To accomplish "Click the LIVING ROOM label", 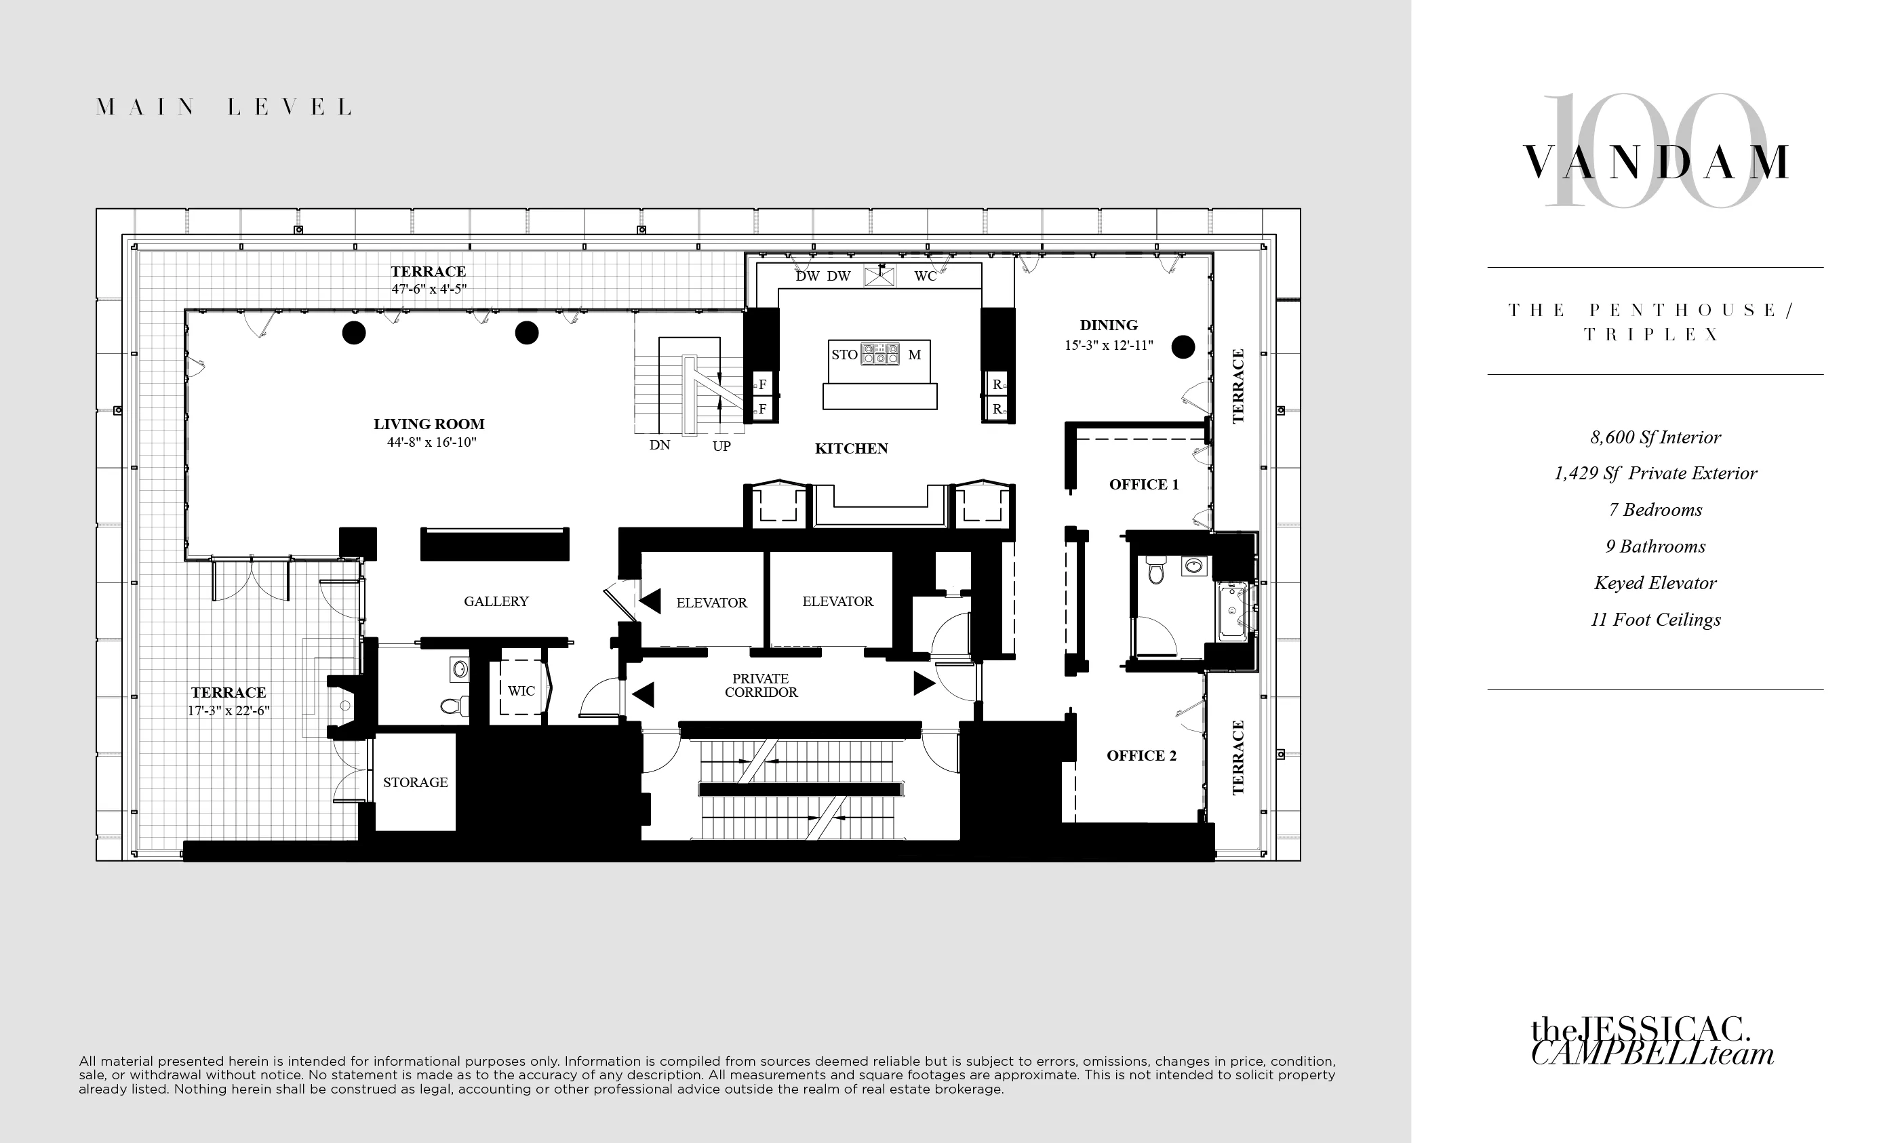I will [429, 424].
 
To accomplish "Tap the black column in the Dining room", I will [1183, 347].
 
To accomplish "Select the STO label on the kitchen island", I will [844, 355].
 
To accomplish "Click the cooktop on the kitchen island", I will [879, 354].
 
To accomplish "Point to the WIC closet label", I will [521, 691].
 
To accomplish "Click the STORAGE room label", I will [415, 782].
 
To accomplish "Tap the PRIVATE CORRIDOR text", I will [760, 685].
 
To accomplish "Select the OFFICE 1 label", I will [1143, 485].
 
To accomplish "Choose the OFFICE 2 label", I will [1141, 755].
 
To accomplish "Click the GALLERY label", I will [496, 601].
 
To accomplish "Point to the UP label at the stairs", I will [721, 445].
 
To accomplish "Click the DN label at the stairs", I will [660, 445].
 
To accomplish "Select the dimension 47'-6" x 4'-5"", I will [429, 289].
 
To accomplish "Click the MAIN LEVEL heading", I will [224, 107].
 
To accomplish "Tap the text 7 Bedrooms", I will [1655, 510].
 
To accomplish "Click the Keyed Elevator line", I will [1655, 583].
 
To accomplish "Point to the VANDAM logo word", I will [1655, 163].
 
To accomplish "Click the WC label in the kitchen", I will [925, 276].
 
